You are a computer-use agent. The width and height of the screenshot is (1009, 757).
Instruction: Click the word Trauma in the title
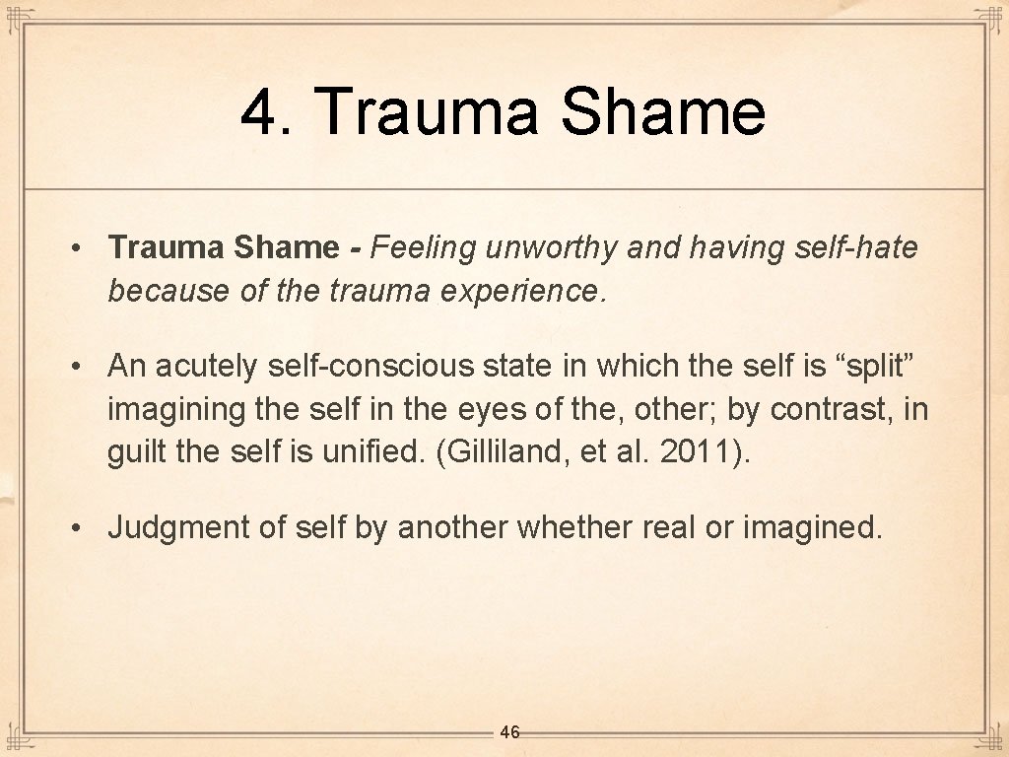click(x=429, y=111)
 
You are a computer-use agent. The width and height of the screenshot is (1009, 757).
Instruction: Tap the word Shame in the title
click(x=663, y=111)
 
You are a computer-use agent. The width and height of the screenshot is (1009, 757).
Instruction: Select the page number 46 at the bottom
click(x=509, y=732)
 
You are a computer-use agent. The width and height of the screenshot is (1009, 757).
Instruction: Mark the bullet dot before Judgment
click(x=76, y=528)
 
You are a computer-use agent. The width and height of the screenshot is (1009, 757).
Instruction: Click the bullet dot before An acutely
click(x=76, y=368)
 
